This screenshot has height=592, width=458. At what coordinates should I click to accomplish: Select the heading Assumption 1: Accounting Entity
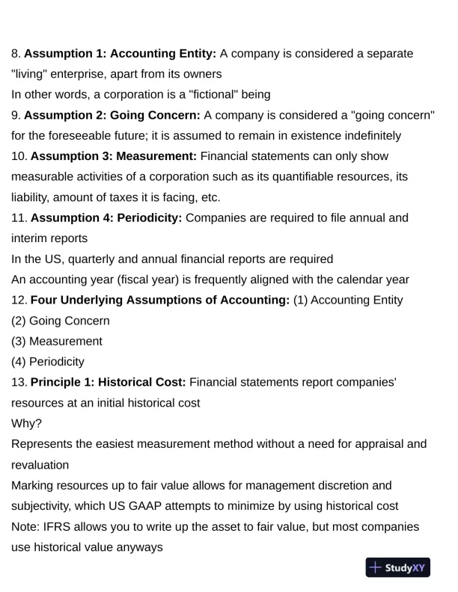tap(120, 54)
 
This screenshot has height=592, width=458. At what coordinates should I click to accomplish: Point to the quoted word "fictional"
tap(214, 95)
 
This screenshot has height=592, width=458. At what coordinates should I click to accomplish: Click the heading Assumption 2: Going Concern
tap(112, 115)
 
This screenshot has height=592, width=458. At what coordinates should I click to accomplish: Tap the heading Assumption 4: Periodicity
tap(106, 218)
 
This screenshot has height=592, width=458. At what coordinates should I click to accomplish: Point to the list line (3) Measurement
tap(57, 342)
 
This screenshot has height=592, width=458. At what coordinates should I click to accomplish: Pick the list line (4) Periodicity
tap(48, 362)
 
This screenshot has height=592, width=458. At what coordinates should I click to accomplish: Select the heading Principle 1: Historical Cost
tap(109, 383)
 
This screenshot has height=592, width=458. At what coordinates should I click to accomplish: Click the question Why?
tap(27, 424)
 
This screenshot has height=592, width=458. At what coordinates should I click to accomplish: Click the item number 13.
tap(18, 383)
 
